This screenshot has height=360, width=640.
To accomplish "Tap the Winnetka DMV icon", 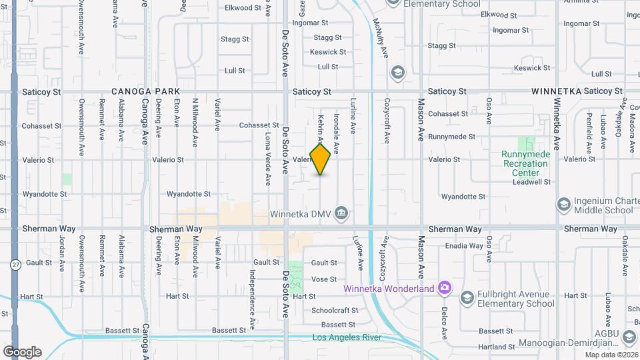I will [341, 213].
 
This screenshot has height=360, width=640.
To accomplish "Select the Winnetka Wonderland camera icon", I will [445, 289].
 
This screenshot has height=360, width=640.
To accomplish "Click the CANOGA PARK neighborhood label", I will [145, 91].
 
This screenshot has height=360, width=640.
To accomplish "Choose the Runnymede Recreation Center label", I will [526, 163].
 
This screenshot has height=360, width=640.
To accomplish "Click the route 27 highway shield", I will [15, 265].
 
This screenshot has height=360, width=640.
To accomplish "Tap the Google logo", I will [22, 352].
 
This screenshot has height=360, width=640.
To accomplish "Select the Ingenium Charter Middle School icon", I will [563, 204].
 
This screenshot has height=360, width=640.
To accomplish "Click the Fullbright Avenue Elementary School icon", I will [467, 298].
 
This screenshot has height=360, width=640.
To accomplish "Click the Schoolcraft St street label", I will [335, 311].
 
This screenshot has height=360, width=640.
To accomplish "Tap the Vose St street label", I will [324, 279].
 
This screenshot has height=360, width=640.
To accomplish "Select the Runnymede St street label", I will [452, 137].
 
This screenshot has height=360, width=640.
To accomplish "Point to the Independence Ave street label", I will [253, 290].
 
